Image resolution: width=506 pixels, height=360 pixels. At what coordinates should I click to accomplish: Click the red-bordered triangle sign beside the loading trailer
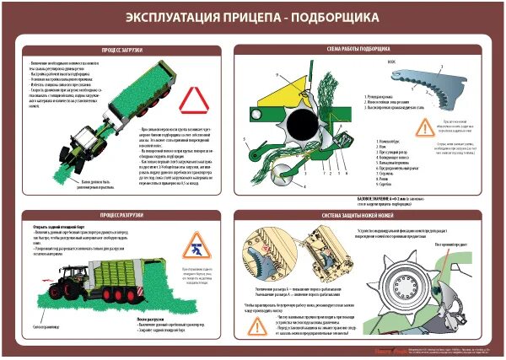[193, 99]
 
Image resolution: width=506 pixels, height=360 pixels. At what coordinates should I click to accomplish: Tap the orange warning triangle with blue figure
[195, 245]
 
